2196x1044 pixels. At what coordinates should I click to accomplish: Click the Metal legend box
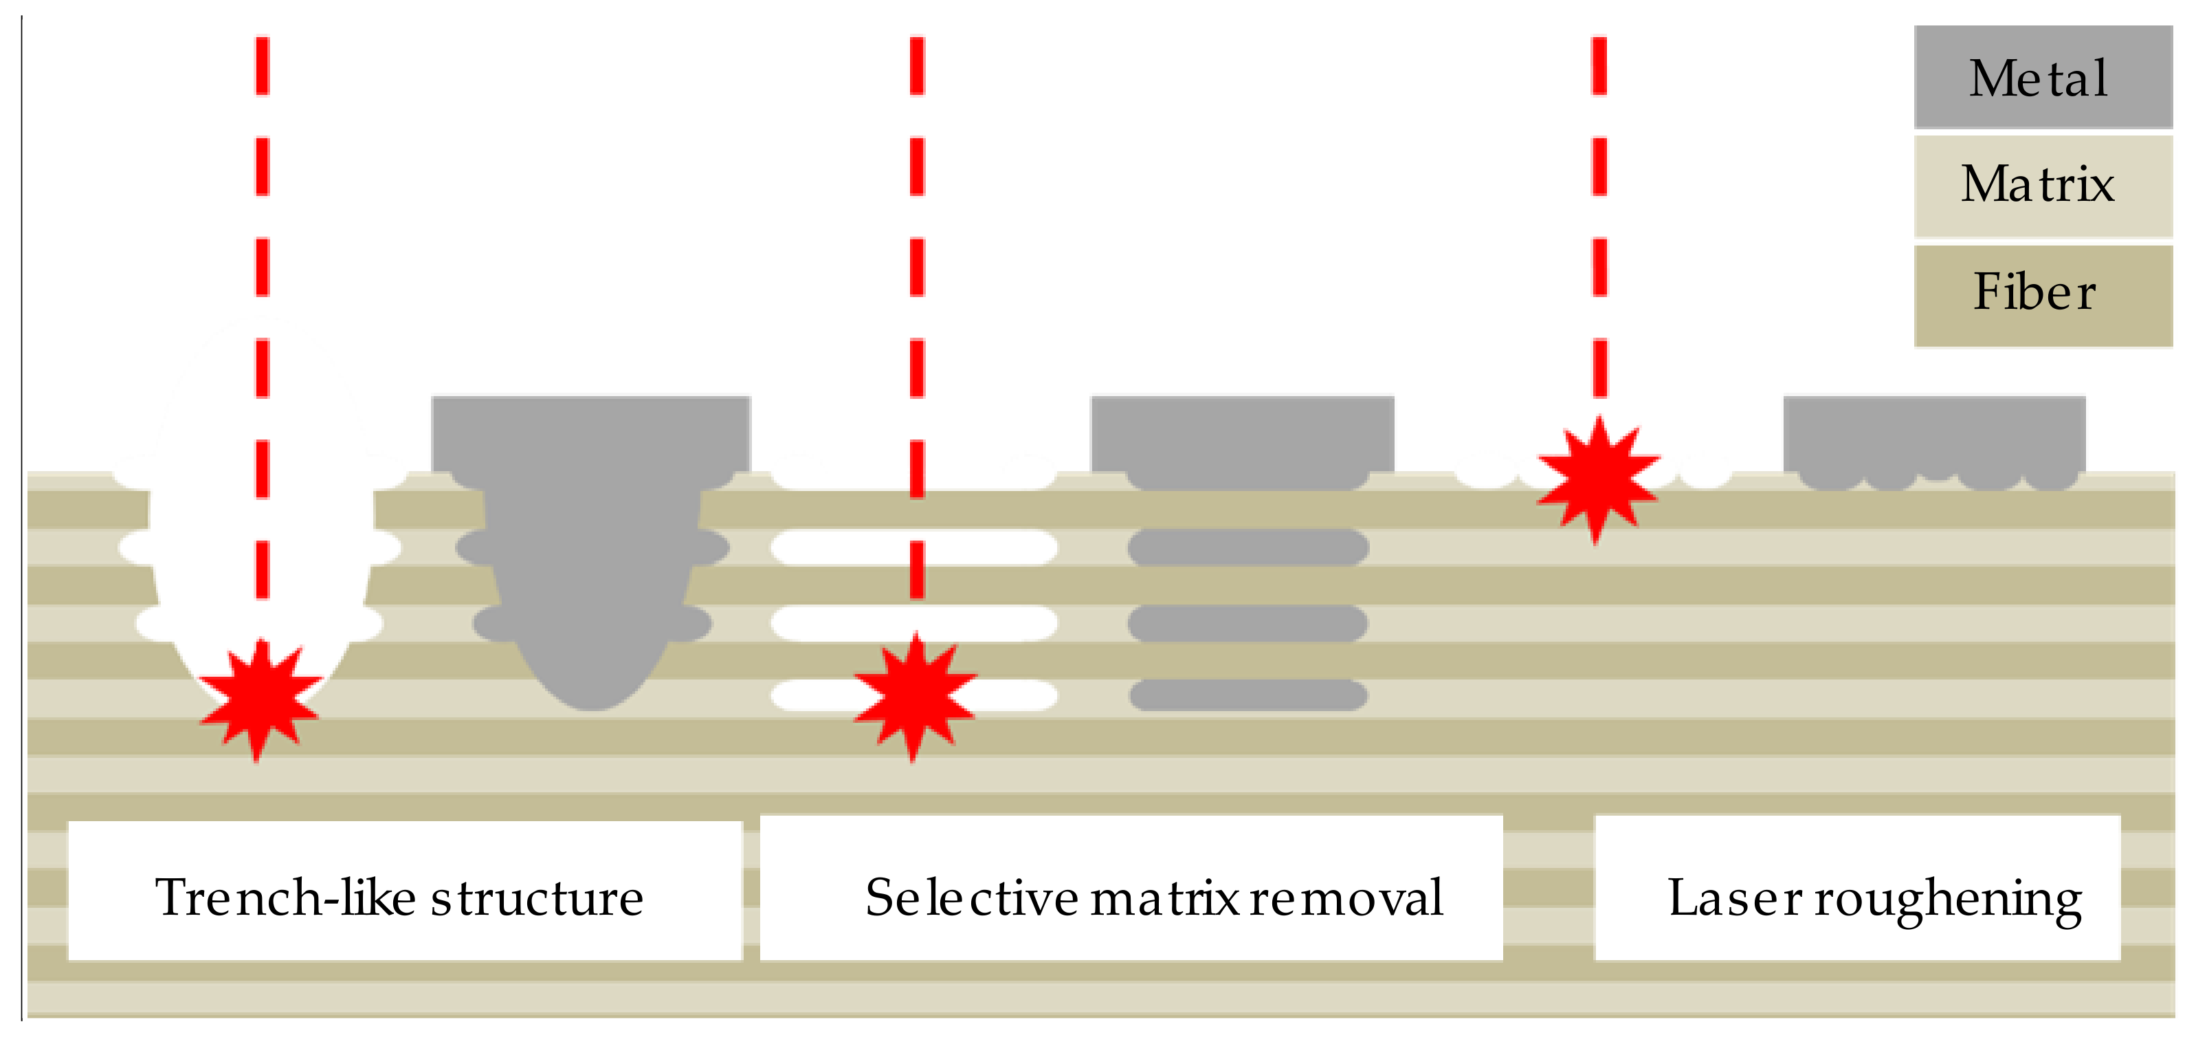pos(2042,77)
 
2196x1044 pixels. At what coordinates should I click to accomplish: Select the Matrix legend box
pos(2042,185)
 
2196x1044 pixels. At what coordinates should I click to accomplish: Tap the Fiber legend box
pos(2042,294)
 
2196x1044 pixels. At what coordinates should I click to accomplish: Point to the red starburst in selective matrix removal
pos(915,696)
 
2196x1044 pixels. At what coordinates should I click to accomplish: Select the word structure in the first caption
pos(537,898)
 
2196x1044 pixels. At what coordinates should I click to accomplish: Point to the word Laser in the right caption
pos(1735,898)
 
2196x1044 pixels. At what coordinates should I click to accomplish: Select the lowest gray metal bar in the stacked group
pos(1248,695)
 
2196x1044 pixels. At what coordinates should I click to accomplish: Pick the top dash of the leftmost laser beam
pos(263,65)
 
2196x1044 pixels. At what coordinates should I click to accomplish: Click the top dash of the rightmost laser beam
pos(1599,65)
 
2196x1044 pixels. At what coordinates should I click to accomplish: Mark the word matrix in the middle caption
pos(1164,898)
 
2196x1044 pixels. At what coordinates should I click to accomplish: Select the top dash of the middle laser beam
pos(918,65)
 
